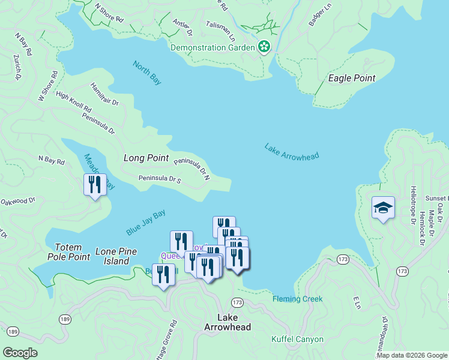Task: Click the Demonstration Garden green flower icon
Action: pyautogui.click(x=264, y=47)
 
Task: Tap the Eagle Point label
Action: pyautogui.click(x=352, y=78)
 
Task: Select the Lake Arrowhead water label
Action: pyautogui.click(x=292, y=152)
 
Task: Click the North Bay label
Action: pyautogui.click(x=147, y=72)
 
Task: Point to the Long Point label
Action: pyautogui.click(x=146, y=158)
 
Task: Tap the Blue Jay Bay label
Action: pyautogui.click(x=146, y=223)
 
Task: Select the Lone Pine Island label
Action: pyautogui.click(x=116, y=256)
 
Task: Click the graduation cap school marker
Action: pyautogui.click(x=383, y=208)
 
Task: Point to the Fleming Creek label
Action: pyautogui.click(x=298, y=299)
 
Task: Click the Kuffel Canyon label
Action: pyautogui.click(x=298, y=340)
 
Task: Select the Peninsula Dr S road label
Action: pyautogui.click(x=160, y=179)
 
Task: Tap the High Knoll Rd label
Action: pyautogui.click(x=73, y=102)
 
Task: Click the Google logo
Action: pyautogui.click(x=20, y=352)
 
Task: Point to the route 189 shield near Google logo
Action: pyautogui.click(x=13, y=331)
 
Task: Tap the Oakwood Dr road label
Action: pyautogui.click(x=17, y=202)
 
